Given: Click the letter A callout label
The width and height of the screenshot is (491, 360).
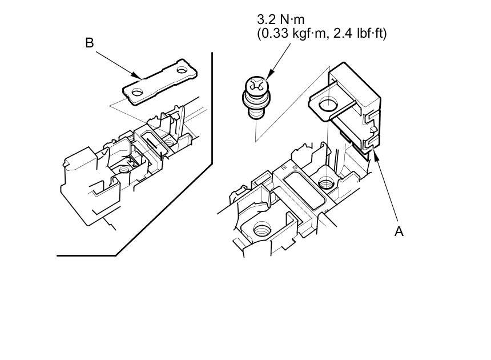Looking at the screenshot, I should click(x=399, y=231).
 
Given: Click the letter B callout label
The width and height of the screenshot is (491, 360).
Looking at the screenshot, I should click(x=90, y=43).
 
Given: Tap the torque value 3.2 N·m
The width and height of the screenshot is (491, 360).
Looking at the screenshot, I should click(x=280, y=21).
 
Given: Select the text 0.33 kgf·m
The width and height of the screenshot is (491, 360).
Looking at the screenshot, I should click(x=291, y=34).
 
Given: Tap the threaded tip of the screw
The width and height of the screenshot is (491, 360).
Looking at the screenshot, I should click(x=256, y=115).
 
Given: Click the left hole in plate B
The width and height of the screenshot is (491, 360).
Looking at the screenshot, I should click(x=136, y=92).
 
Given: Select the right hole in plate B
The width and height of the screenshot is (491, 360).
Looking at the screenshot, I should click(x=183, y=71).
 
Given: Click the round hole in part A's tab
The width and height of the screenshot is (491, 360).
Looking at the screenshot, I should click(x=328, y=105).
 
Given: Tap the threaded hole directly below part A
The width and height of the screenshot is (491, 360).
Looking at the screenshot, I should click(x=326, y=184).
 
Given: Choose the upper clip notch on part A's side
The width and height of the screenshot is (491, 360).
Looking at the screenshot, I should click(x=369, y=118).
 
